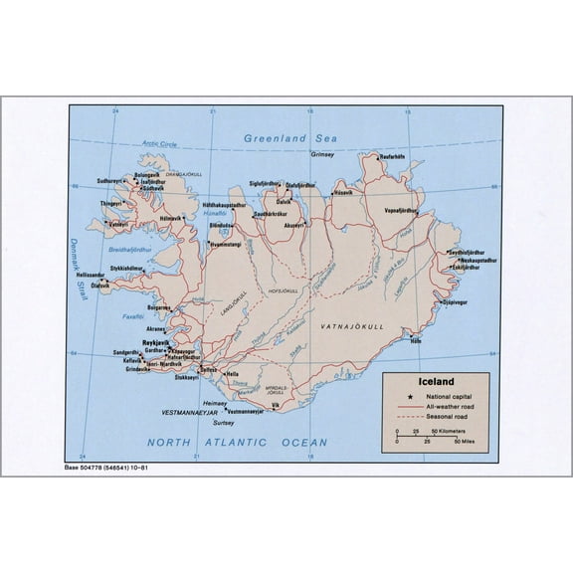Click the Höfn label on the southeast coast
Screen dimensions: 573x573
point(416,341)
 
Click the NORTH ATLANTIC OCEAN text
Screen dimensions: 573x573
point(237,442)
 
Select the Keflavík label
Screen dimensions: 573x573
point(132,361)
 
